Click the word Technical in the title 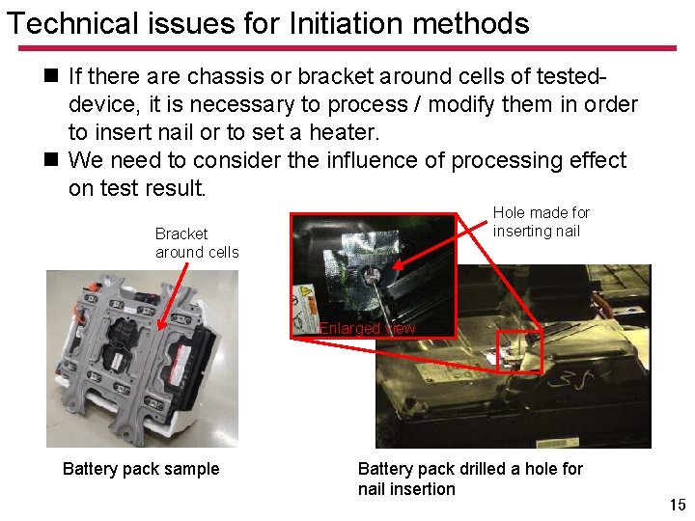72,23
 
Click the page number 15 678,505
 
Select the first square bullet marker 51,75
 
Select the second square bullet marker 51,159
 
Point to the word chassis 226,76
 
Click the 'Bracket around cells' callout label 197,243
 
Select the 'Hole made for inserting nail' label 542,222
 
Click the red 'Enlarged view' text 367,328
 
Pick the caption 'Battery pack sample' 141,469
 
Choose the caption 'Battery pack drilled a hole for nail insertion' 470,479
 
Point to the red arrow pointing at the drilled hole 440,245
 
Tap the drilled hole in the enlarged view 371,274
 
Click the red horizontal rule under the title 347,48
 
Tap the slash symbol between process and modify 418,104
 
